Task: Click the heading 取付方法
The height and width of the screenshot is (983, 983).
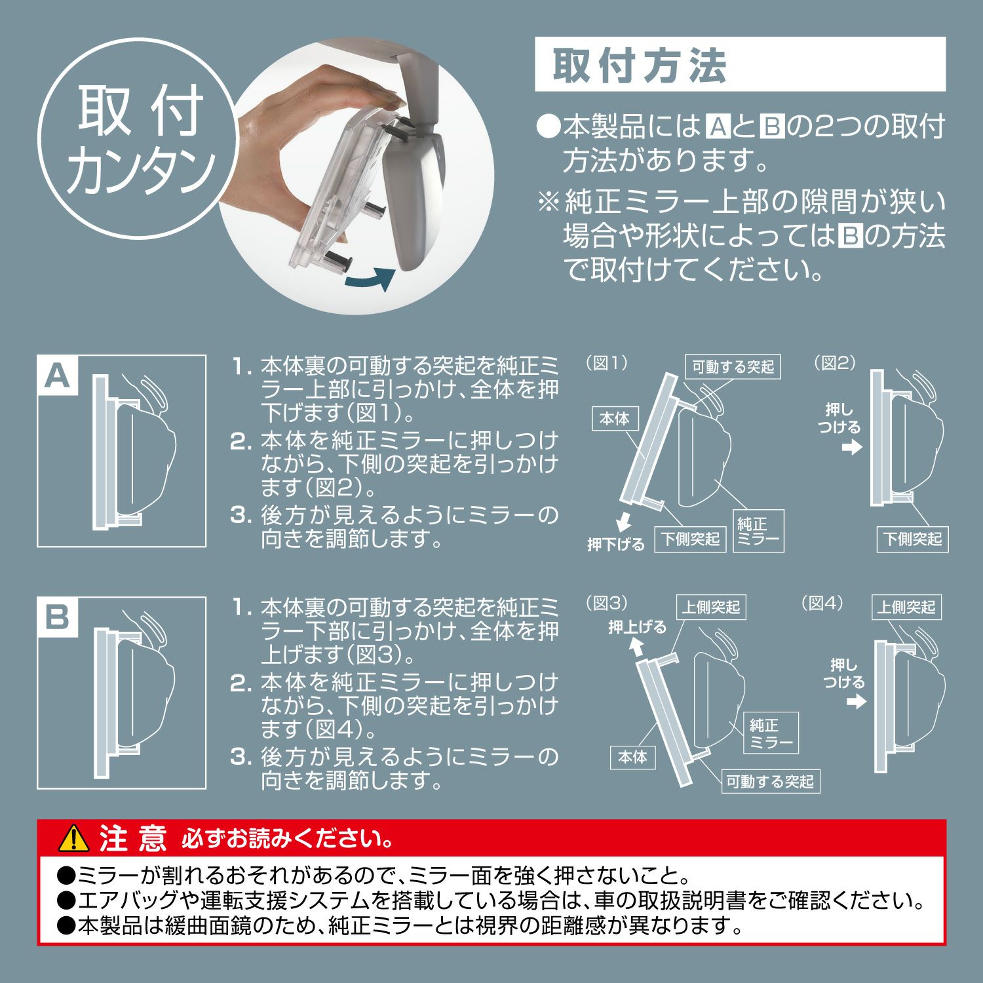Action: coord(639,65)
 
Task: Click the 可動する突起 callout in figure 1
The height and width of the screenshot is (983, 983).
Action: coord(733,367)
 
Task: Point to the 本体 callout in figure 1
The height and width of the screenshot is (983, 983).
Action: coord(614,419)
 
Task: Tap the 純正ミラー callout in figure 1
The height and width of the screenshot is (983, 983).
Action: coord(758,530)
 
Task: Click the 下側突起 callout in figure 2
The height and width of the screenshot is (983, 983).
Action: coord(912,539)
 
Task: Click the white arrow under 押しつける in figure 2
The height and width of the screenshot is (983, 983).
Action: coord(851,448)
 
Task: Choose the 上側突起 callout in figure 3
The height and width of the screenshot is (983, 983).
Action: coord(711,607)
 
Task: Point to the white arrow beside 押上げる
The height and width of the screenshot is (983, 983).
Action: coord(635,647)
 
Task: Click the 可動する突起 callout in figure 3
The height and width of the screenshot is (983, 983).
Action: coord(769,781)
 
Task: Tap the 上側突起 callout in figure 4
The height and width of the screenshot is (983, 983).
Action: coord(906,607)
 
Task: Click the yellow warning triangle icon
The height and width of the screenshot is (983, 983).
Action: coord(73,838)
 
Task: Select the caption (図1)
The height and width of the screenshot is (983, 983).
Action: coord(606,362)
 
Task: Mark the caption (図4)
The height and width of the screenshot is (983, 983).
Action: coord(823,603)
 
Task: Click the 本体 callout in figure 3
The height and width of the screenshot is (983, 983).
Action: coord(632,757)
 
